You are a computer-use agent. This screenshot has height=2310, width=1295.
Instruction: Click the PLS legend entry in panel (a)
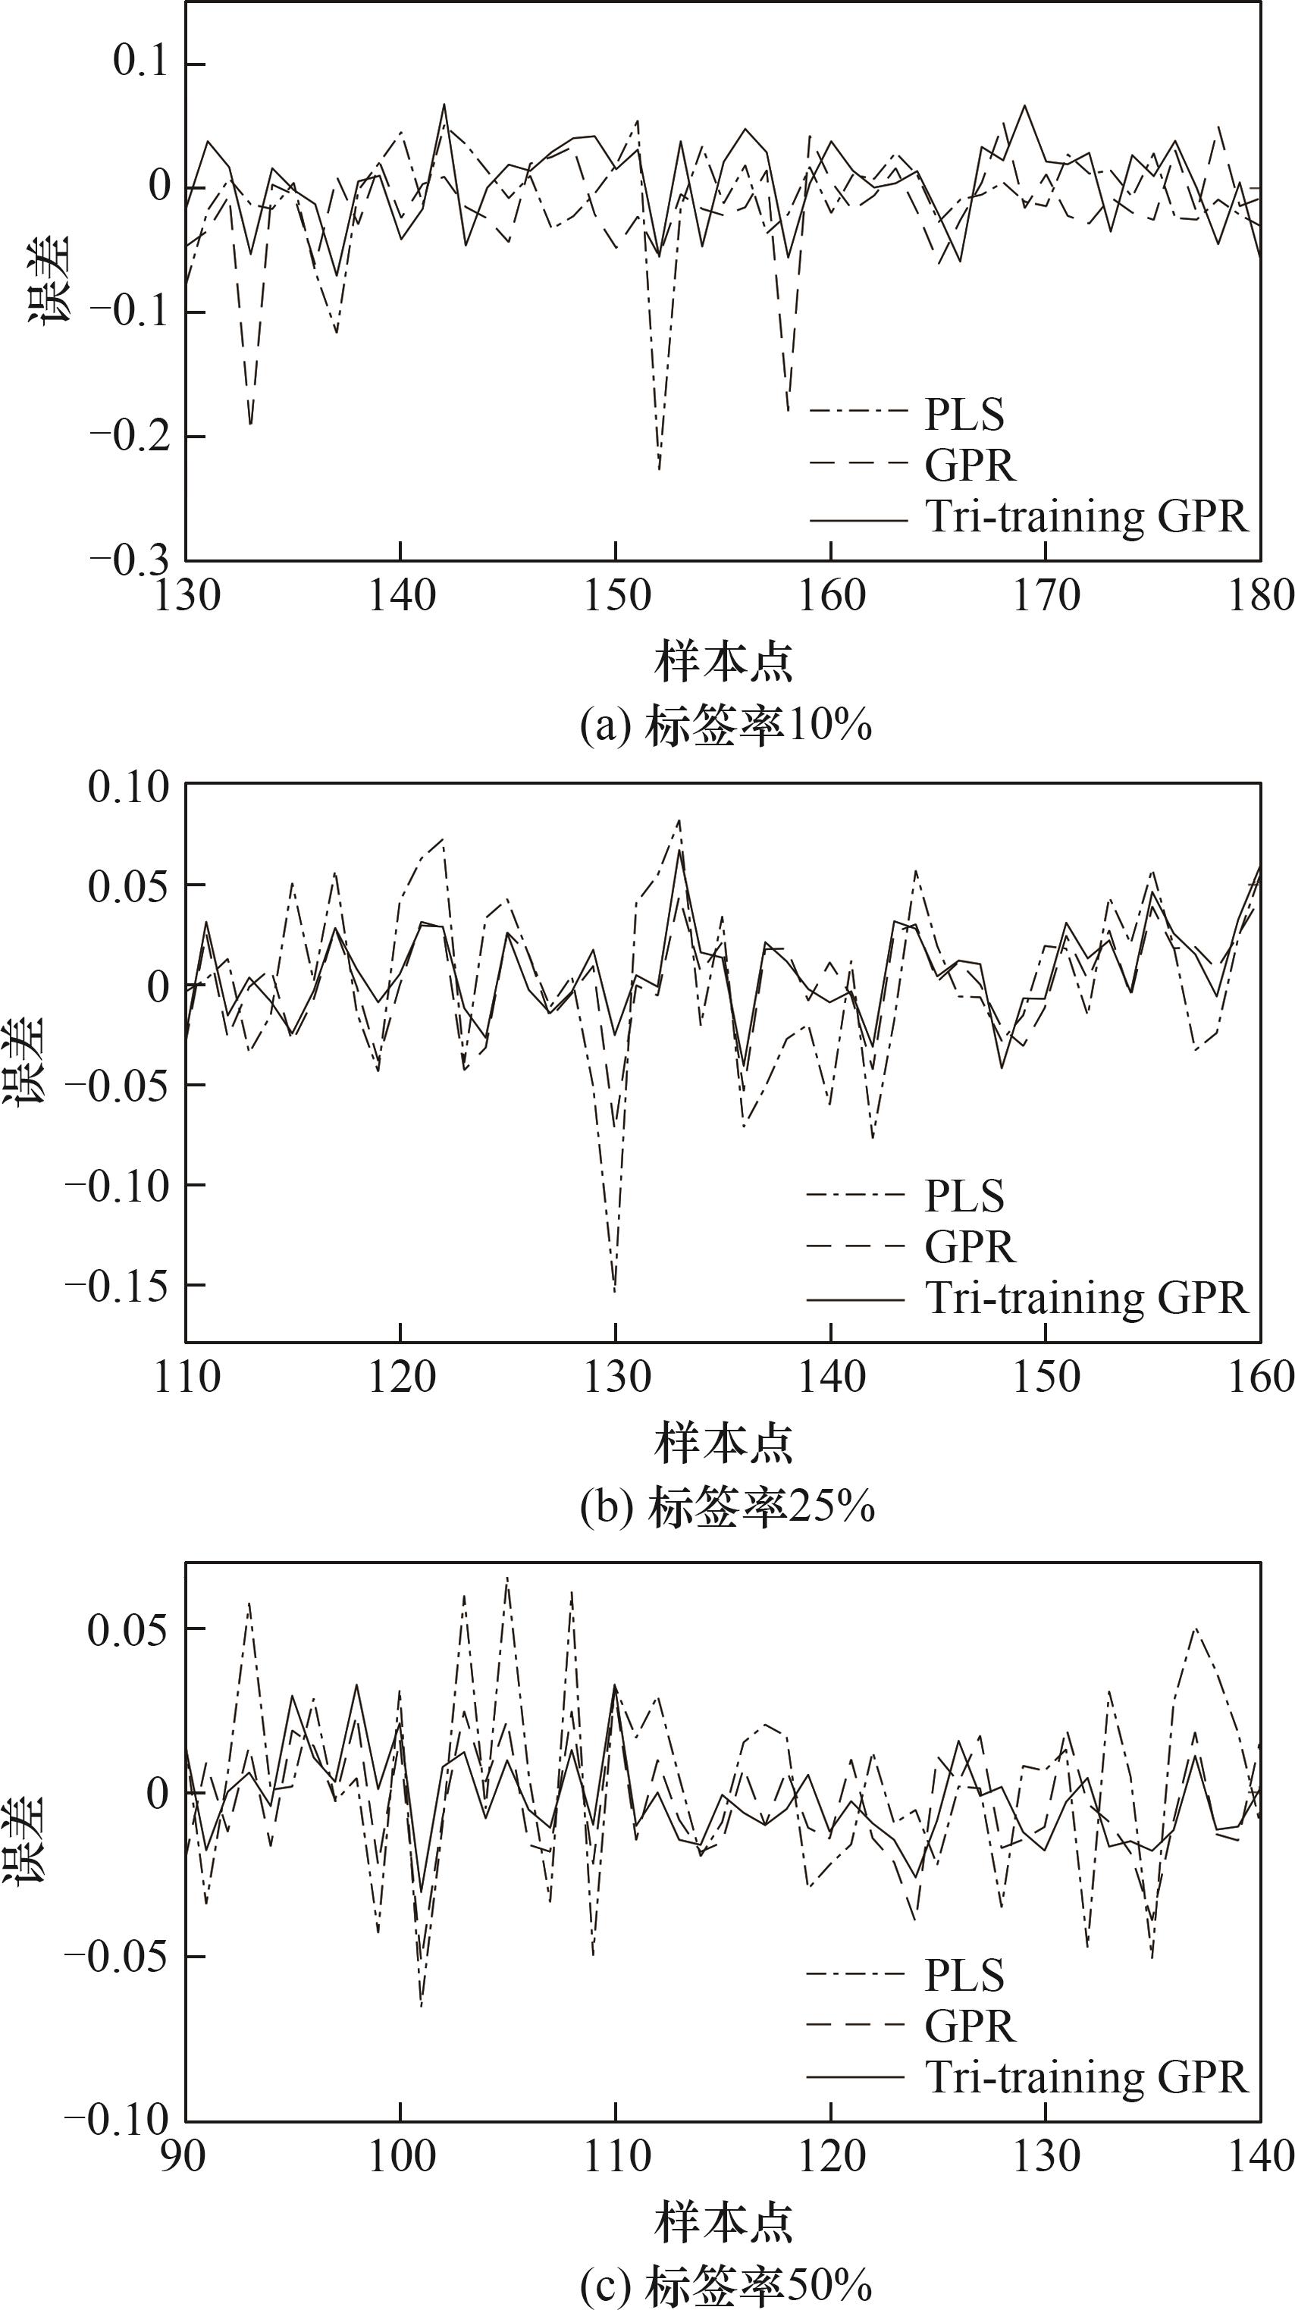[x=964, y=414]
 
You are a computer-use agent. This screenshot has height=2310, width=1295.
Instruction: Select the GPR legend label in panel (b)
[x=970, y=1247]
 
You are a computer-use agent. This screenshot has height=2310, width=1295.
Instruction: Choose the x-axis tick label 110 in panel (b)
[x=187, y=1377]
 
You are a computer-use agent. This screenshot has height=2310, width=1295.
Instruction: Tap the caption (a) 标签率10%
[x=726, y=726]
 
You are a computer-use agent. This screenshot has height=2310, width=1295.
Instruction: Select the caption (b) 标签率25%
[x=726, y=1507]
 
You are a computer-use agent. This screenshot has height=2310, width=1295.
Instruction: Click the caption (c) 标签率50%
[x=726, y=2286]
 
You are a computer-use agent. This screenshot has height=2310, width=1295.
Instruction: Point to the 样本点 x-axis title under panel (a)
[x=724, y=663]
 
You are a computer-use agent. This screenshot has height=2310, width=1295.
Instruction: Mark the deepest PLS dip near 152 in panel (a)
[x=659, y=468]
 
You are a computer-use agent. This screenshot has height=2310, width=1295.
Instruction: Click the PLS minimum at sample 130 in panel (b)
[x=615, y=1291]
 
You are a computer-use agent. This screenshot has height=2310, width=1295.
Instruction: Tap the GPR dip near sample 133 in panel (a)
[x=250, y=423]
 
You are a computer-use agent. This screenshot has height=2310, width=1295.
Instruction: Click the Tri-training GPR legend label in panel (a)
[x=1086, y=516]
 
